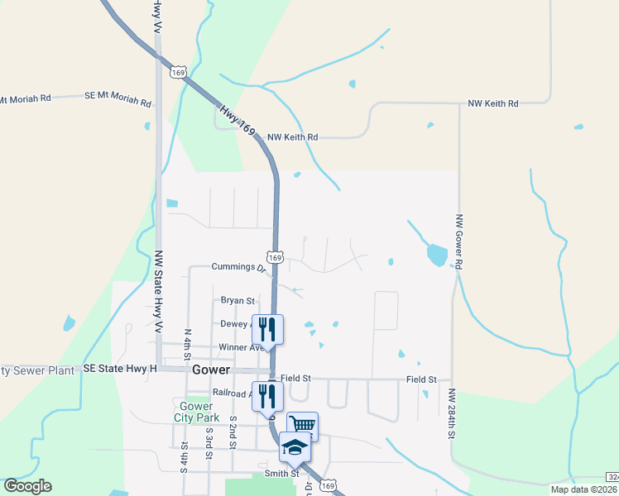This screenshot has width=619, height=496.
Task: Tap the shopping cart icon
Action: tap(302, 425)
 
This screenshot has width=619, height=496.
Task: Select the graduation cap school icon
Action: tap(295, 446)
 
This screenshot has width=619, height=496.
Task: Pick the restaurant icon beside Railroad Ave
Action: tap(267, 395)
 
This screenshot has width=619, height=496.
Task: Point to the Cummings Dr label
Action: tap(238, 267)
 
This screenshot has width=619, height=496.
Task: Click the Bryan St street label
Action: tap(238, 301)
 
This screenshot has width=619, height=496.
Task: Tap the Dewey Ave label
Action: tap(238, 324)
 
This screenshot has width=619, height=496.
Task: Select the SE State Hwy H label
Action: tap(120, 369)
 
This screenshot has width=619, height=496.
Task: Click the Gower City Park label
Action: tap(194, 412)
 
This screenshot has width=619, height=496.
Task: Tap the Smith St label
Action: tap(281, 475)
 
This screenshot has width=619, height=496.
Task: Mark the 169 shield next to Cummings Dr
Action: tap(276, 258)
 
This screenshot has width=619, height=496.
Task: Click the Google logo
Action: tap(27, 486)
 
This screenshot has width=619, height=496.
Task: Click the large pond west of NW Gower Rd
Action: tap(437, 255)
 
